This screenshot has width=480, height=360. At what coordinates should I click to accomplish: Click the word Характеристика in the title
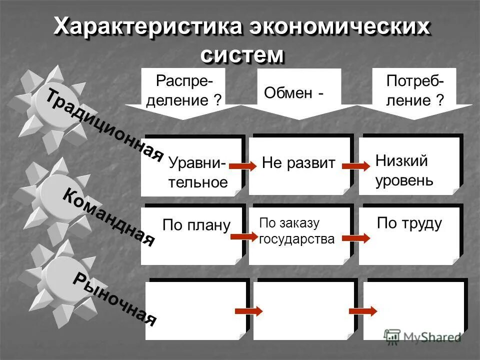click(145, 26)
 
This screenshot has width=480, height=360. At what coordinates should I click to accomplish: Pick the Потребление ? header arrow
click(415, 92)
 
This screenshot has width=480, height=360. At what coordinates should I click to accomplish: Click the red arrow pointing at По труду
click(359, 236)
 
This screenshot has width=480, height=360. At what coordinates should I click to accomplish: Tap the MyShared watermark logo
click(423, 337)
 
